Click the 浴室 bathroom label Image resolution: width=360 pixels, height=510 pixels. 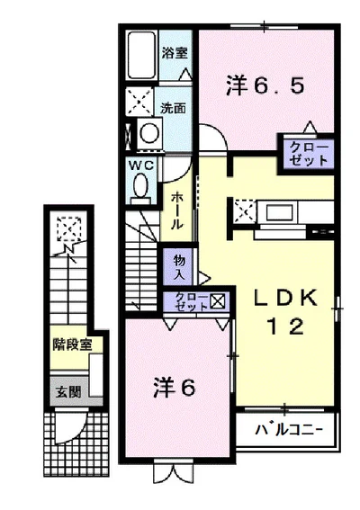(174, 52)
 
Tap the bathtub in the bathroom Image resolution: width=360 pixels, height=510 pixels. (142, 55)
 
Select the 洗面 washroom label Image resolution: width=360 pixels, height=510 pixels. (173, 108)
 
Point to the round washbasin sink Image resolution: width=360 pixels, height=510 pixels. (148, 135)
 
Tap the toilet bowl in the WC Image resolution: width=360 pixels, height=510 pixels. (140, 186)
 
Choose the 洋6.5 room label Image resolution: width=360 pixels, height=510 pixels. (265, 85)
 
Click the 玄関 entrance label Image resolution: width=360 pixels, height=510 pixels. (66, 392)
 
